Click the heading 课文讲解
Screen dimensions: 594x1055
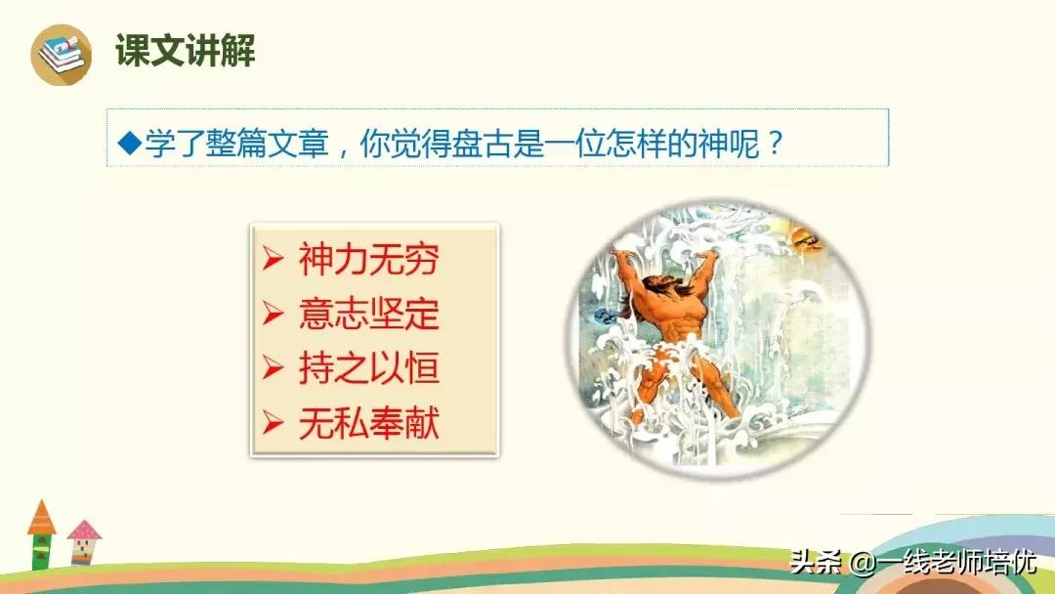[x=186, y=51]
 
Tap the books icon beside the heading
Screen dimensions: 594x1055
[x=60, y=53]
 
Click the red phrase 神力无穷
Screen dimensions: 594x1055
[x=368, y=261]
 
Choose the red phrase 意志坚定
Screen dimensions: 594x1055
[x=368, y=315]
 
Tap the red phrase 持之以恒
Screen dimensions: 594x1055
[x=368, y=368]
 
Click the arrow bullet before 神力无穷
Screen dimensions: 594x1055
[x=273, y=261]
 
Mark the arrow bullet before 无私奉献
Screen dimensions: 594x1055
[x=273, y=423]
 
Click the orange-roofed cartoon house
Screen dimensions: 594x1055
[x=41, y=532]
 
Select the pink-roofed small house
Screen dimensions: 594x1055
[x=85, y=542]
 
